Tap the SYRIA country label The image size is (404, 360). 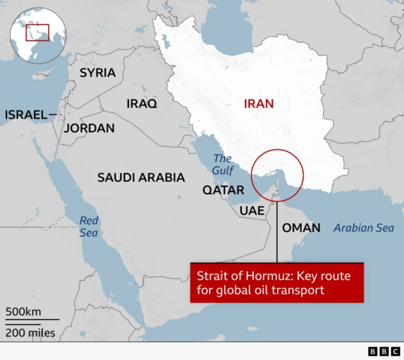pyautogui.click(x=97, y=73)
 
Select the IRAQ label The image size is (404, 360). pyautogui.click(x=142, y=103)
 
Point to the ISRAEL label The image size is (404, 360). pyautogui.click(x=26, y=114)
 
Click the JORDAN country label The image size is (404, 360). pyautogui.click(x=90, y=128)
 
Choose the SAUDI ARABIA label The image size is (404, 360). pyautogui.click(x=141, y=178)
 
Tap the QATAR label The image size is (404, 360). pyautogui.click(x=223, y=190)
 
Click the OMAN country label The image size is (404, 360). pyautogui.click(x=300, y=228)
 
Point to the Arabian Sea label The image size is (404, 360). pyautogui.click(x=364, y=228)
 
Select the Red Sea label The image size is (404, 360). pyautogui.click(x=89, y=226)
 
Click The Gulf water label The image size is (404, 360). pyautogui.click(x=223, y=165)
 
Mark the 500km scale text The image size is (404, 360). pyautogui.click(x=23, y=311)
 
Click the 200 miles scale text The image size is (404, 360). pyautogui.click(x=30, y=332)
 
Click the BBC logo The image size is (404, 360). pyautogui.click(x=384, y=351)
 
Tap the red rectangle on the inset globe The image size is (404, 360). pyautogui.click(x=37, y=32)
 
